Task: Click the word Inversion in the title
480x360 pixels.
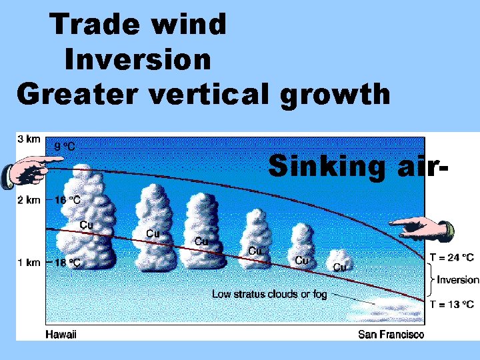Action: pos(138,60)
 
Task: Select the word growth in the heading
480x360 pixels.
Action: pos(335,94)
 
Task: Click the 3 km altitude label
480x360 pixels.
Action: pos(29,138)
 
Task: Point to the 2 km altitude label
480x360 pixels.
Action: pos(29,199)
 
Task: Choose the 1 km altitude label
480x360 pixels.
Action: pos(29,262)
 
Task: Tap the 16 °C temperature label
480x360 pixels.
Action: pos(67,200)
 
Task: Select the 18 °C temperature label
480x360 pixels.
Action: pos(67,263)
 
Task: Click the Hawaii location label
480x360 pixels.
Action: pos(61,334)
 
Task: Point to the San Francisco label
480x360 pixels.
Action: pos(391,334)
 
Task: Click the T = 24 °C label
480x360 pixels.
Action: pos(451,257)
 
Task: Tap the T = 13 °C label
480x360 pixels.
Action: pos(451,305)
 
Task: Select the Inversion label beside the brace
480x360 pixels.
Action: pos(457,280)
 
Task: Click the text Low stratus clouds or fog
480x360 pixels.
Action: pos(269,294)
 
